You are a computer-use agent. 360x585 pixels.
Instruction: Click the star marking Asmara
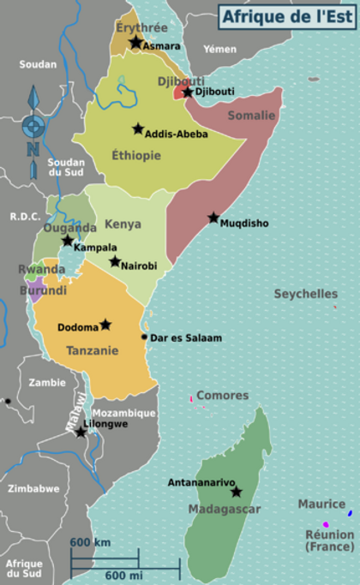click(x=135, y=42)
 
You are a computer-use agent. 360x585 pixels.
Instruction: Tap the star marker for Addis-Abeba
click(x=137, y=128)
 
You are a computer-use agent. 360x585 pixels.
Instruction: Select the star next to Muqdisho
click(x=213, y=218)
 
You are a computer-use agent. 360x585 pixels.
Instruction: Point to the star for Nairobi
click(x=115, y=261)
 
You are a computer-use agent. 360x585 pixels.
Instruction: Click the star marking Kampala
click(x=68, y=241)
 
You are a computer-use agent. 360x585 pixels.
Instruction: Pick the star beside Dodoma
click(x=105, y=325)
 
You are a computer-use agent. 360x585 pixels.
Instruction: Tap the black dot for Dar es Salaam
click(x=144, y=337)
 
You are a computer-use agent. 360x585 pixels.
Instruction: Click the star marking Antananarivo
click(x=236, y=492)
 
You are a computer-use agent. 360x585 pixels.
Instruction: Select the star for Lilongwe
click(x=80, y=433)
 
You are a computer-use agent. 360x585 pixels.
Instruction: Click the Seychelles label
click(x=306, y=294)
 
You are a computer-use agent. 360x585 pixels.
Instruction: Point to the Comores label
click(x=222, y=396)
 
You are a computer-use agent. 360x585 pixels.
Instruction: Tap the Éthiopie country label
click(x=136, y=155)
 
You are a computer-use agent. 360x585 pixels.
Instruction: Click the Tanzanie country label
click(x=93, y=349)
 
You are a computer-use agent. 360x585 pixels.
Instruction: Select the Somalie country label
click(x=252, y=116)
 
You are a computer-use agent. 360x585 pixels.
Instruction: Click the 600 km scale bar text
click(x=90, y=542)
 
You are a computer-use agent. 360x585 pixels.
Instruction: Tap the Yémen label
click(x=219, y=49)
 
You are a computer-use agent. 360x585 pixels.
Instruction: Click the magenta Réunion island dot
click(x=326, y=524)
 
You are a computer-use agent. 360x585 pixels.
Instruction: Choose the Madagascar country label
click(x=223, y=509)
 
